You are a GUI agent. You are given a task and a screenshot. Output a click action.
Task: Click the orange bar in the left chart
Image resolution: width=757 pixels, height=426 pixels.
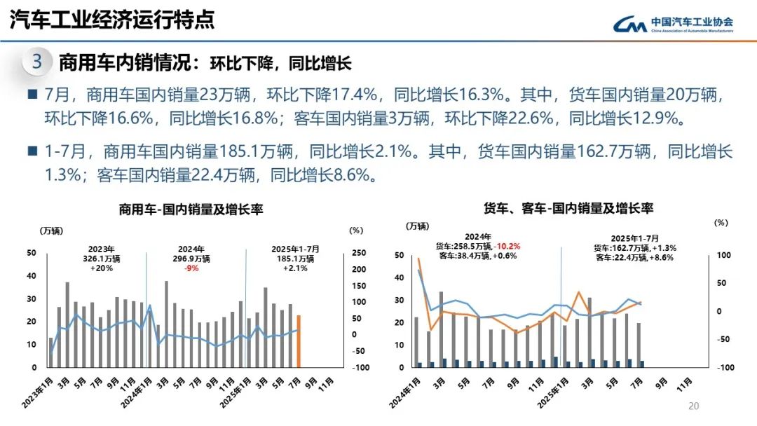pos(299,341)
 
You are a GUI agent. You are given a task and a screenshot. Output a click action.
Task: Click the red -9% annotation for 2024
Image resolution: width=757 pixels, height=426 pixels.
pos(191,268)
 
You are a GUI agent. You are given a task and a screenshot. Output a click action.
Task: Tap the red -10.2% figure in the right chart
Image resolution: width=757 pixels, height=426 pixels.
pos(507,246)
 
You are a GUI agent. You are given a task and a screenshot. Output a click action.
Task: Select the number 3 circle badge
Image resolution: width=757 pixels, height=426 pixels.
pos(37,62)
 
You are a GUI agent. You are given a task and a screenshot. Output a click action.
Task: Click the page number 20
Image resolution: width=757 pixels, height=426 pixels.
pos(695,406)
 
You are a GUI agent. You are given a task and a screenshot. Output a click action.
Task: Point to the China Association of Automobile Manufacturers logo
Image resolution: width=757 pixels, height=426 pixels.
pos(674,25)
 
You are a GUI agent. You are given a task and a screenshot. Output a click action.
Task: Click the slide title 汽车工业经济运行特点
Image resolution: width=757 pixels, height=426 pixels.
pos(112,20)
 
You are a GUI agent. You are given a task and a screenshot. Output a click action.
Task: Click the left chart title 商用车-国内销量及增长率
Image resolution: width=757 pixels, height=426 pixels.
pos(191,209)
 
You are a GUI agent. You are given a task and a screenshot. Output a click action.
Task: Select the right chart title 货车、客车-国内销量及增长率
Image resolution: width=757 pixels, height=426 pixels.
pos(568,208)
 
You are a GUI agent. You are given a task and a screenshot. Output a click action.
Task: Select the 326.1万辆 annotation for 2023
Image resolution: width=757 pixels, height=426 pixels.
pos(102,259)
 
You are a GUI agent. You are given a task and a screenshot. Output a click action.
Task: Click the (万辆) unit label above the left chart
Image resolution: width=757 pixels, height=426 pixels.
pos(50,230)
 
